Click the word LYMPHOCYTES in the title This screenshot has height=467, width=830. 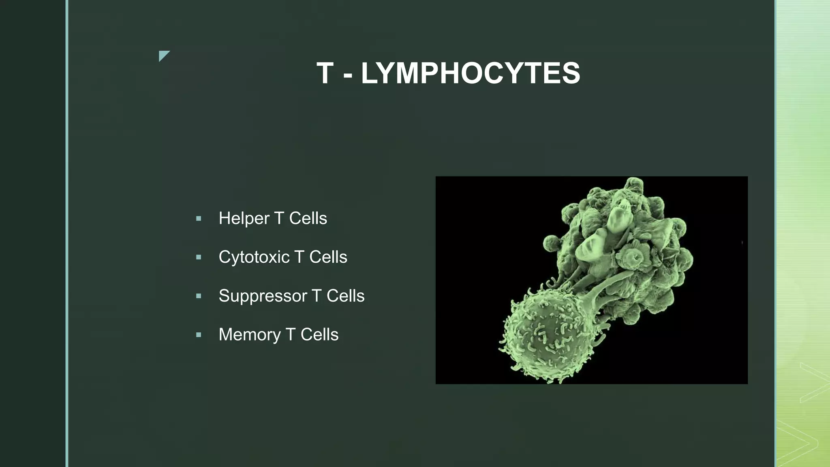coord(470,73)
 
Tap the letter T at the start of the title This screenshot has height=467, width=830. coord(325,73)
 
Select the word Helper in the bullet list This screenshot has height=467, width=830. coord(244,219)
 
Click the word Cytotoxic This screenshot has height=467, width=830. coord(254,257)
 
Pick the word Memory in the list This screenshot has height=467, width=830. coord(249,335)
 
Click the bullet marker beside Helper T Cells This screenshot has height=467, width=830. coord(199,219)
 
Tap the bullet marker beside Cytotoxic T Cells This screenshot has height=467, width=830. coord(199,257)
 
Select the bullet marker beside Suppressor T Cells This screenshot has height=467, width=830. coord(199,296)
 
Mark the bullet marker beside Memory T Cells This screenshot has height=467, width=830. coord(199,335)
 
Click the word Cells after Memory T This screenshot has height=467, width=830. coord(319,335)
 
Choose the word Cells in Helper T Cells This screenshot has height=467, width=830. coord(308,219)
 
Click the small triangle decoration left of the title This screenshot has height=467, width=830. coord(163,55)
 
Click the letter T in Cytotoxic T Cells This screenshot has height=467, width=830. coord(299,257)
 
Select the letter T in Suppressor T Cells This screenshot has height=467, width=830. coord(317,296)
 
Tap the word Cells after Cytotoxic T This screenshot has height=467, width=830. coord(328,257)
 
